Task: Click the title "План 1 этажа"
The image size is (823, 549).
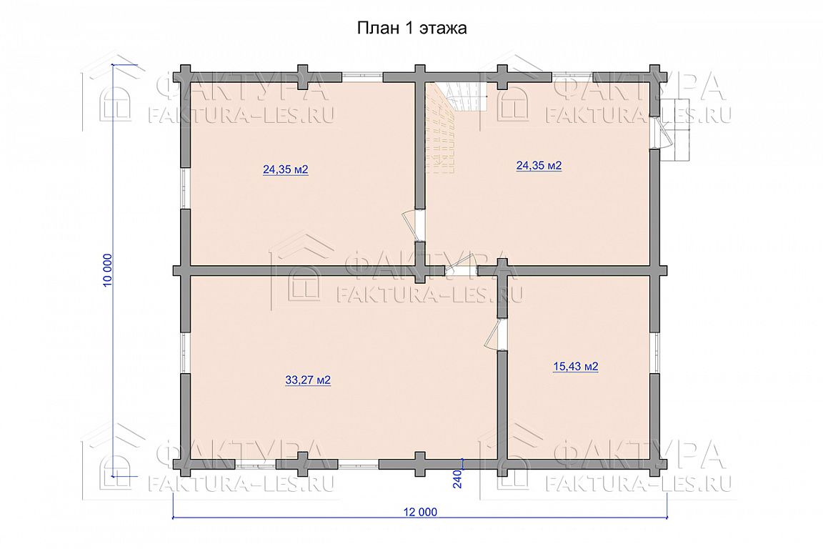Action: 411,28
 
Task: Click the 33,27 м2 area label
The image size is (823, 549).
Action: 308,380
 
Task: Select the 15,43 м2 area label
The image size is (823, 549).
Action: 575,366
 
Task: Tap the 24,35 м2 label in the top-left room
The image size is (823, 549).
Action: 285,169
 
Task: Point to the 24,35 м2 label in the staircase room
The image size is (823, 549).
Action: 539,166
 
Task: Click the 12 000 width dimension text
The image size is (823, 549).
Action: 420,512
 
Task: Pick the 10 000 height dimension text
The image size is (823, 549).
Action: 108,270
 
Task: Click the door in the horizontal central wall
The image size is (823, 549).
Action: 462,267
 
